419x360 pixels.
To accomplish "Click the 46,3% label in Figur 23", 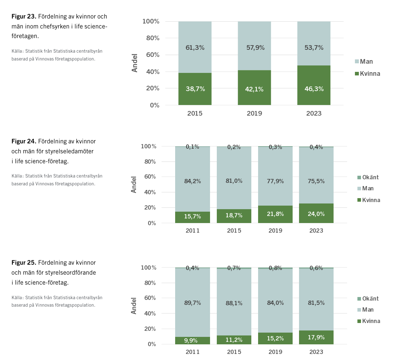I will [x=314, y=89].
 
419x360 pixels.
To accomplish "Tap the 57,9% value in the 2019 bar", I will [x=255, y=47].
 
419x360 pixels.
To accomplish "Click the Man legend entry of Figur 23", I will [x=364, y=62].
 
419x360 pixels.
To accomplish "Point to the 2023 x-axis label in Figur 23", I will [x=314, y=113].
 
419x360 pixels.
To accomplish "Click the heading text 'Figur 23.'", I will [x=24, y=16].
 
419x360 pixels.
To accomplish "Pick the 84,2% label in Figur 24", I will [x=193, y=181].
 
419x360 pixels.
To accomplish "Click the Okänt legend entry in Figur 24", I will [x=368, y=177].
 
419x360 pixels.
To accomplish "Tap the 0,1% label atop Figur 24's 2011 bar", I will [x=193, y=147].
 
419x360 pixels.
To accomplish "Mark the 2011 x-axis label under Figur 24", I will [x=193, y=231].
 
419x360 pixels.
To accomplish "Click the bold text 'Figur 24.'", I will [x=24, y=141].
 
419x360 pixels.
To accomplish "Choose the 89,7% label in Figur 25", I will [x=193, y=303].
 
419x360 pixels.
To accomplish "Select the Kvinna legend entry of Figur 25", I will [x=369, y=321].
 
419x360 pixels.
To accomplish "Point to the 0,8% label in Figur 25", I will [x=275, y=268].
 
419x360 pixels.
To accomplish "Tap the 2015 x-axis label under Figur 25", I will [x=234, y=352].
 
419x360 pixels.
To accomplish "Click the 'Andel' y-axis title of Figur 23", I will [x=135, y=63].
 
